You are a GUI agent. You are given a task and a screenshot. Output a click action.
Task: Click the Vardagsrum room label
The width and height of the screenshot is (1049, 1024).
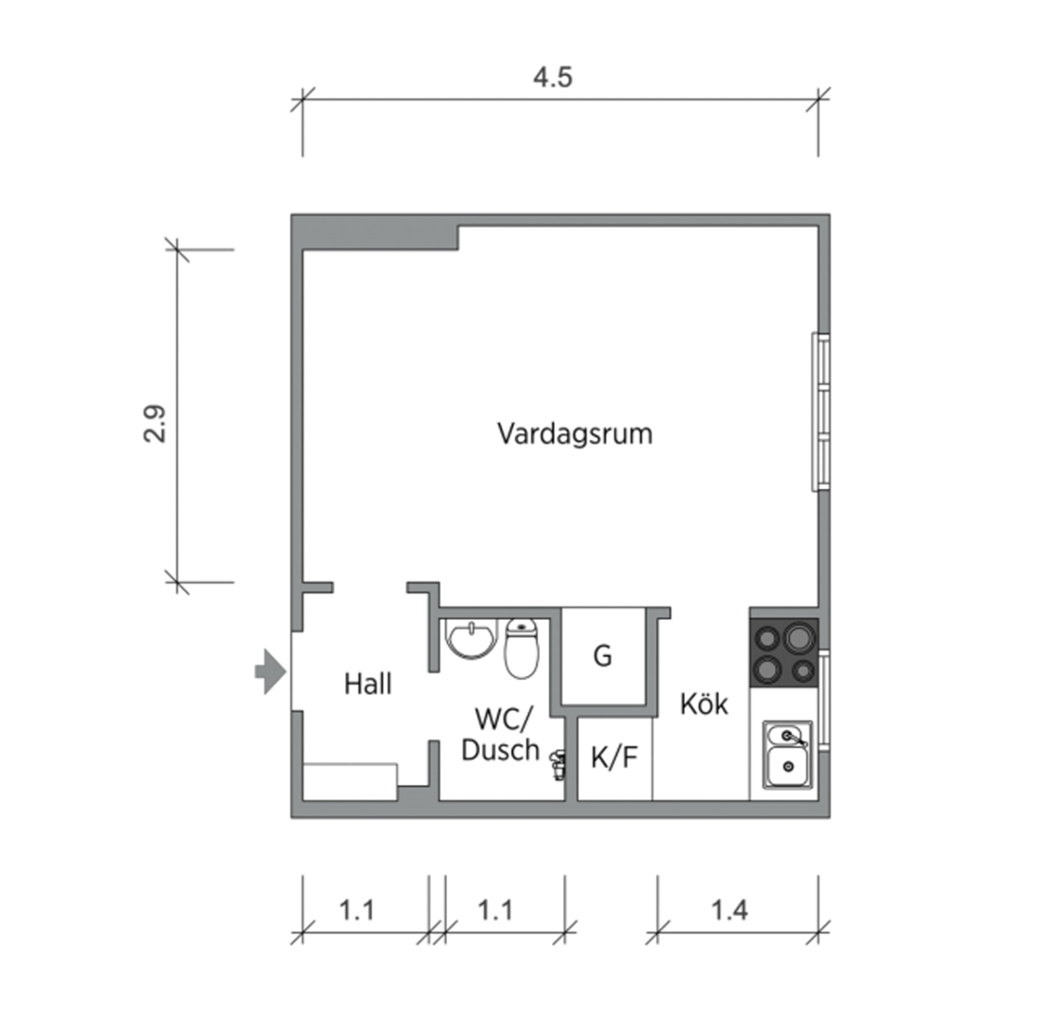[x=575, y=434]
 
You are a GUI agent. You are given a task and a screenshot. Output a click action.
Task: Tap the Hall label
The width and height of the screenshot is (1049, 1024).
[x=368, y=684]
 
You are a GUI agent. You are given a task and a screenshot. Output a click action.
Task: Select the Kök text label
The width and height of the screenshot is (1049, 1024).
[x=704, y=704]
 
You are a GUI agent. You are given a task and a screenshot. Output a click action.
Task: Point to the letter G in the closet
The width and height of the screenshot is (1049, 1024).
[x=602, y=656]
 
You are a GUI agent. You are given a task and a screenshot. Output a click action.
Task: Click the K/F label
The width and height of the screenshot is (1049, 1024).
[x=615, y=758]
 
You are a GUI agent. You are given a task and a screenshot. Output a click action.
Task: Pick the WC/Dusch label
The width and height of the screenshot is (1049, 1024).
[x=499, y=735]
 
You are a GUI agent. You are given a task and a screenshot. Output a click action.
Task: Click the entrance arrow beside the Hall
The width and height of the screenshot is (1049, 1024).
[x=270, y=672]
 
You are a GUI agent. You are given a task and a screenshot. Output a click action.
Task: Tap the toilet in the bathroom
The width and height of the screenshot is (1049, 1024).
[x=521, y=648]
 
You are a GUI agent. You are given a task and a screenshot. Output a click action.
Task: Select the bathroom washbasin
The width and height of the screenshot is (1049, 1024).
[x=471, y=640]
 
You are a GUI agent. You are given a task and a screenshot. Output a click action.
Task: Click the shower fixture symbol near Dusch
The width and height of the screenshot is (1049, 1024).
[x=559, y=760]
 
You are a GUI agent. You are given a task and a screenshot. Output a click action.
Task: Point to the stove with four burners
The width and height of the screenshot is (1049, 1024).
[x=783, y=652]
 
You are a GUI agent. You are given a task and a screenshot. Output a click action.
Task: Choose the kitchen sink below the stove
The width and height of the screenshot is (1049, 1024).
[x=787, y=756]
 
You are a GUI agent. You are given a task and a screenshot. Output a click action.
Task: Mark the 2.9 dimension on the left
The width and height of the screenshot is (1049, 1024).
[x=155, y=423]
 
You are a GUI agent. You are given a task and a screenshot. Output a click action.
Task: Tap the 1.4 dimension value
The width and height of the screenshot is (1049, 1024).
[x=729, y=910]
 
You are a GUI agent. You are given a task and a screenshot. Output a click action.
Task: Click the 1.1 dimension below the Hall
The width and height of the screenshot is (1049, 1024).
[x=358, y=910]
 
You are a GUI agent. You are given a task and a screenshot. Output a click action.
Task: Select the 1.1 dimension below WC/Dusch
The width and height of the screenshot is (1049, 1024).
[x=495, y=910]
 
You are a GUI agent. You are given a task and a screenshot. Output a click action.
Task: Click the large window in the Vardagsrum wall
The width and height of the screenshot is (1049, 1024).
[x=821, y=411]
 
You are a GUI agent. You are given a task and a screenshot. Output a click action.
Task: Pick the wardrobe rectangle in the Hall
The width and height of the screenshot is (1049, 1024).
[x=350, y=781]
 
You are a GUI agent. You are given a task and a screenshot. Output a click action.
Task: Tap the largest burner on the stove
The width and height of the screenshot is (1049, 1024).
[x=799, y=636]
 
